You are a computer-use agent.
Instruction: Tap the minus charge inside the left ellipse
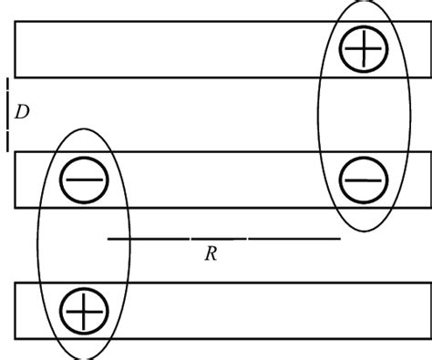tap(85, 180)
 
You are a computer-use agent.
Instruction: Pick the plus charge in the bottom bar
tap(84, 311)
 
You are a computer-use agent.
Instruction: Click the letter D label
tap(23, 112)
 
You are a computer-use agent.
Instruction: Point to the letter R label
tap(210, 254)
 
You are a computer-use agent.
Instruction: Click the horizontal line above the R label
tap(223, 239)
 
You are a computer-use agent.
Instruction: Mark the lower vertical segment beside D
tap(8, 137)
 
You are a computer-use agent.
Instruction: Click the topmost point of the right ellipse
tap(364, 2)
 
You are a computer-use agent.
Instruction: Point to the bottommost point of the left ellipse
tap(83, 357)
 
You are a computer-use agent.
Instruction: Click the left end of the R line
tap(108, 239)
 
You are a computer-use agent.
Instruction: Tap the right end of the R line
tap(340, 239)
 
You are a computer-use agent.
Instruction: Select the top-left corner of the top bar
tap(15, 21)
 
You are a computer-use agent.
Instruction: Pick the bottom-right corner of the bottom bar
tap(430, 339)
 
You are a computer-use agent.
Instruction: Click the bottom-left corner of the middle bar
tap(15, 207)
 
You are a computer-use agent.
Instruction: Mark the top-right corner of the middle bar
tap(430, 152)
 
